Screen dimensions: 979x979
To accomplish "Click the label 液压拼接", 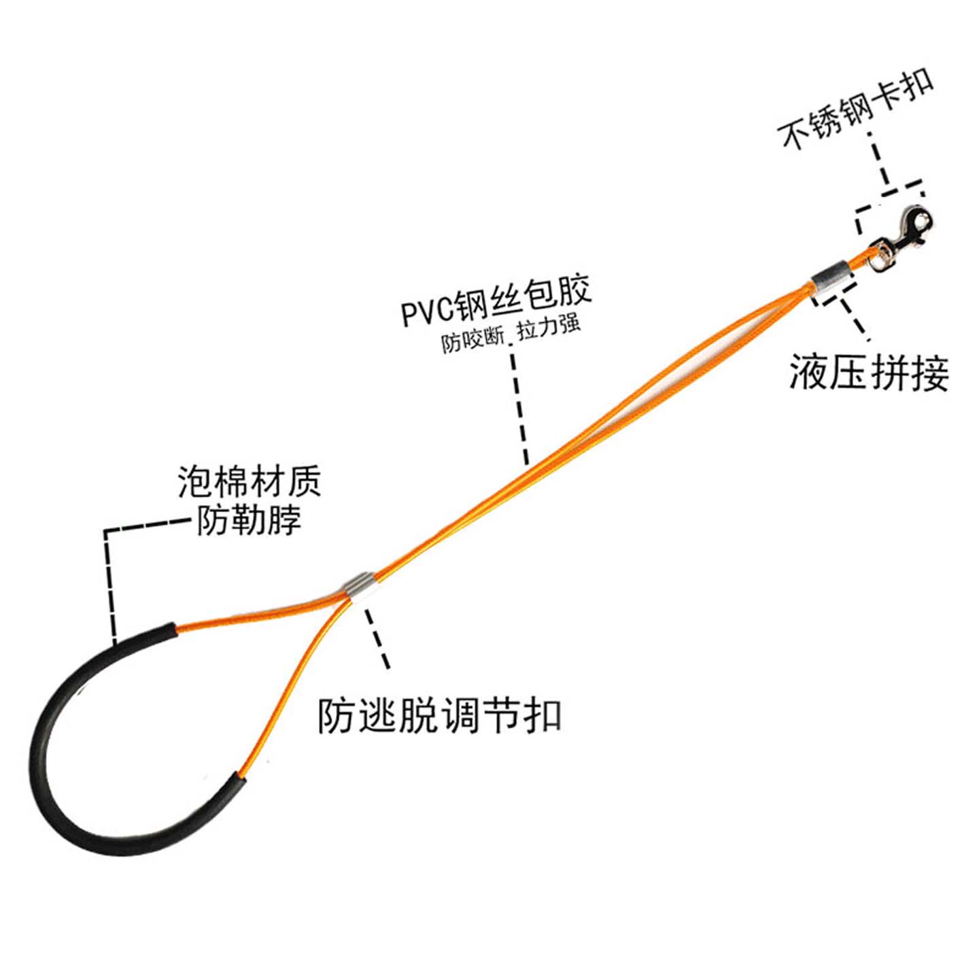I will click(x=868, y=373).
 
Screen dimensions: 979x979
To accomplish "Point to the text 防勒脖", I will click(x=249, y=521).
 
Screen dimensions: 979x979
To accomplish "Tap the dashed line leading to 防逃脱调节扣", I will click(x=377, y=639).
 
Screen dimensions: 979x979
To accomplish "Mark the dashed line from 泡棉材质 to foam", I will click(x=109, y=578).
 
